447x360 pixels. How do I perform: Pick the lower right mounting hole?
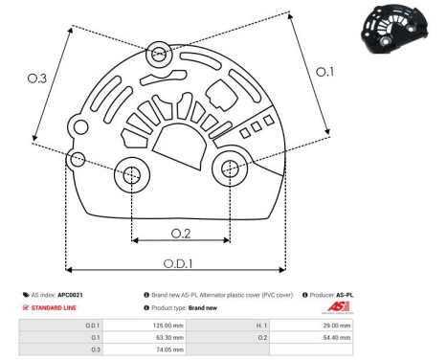(230, 169)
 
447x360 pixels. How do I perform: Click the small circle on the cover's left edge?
(78, 157)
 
